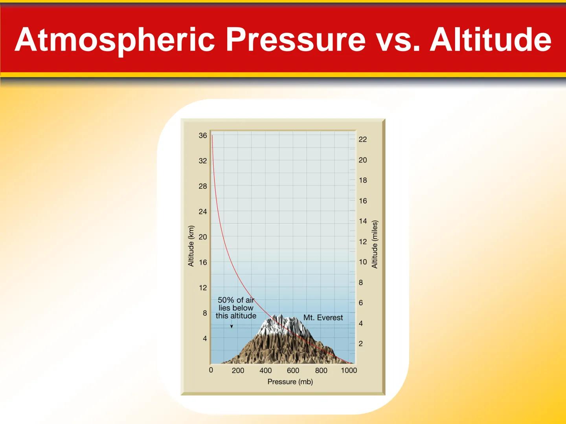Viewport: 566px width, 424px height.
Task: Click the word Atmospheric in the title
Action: tap(115, 40)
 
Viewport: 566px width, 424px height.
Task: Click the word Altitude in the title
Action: tap(491, 40)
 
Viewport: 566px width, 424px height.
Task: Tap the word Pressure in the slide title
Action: tap(295, 40)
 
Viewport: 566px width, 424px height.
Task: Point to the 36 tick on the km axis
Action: tap(202, 135)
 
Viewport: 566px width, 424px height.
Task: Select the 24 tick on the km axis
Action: tap(202, 212)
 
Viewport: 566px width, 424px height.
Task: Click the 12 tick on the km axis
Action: tap(202, 288)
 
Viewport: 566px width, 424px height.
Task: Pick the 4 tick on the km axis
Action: tap(204, 338)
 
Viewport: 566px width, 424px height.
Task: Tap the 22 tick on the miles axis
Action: tap(362, 139)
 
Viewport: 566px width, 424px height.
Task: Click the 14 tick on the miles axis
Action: tap(362, 221)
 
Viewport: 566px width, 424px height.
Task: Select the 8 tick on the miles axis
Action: tap(360, 282)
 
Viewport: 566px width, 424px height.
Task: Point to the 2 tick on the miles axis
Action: tap(360, 344)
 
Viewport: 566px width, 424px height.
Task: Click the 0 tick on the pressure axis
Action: tap(211, 370)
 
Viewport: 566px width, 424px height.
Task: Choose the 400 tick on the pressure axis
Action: tap(265, 370)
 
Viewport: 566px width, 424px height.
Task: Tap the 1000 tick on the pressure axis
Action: tap(349, 370)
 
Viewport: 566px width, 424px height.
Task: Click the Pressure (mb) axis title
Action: tap(290, 382)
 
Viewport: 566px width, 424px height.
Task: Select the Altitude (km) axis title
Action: tap(191, 246)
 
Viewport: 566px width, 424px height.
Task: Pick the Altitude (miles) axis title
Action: tap(375, 245)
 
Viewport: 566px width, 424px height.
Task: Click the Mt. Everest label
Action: tap(323, 318)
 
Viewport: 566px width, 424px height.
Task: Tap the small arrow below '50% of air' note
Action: tap(232, 326)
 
